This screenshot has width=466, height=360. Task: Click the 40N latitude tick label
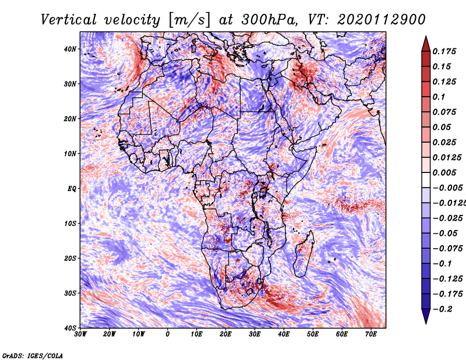(x=70, y=49)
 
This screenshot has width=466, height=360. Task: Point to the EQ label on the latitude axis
(x=72, y=189)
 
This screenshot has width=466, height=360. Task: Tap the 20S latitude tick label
(x=70, y=258)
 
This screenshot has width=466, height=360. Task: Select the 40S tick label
(x=70, y=328)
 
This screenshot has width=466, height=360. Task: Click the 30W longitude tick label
(x=80, y=334)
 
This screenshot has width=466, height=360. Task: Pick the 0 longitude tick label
(x=168, y=334)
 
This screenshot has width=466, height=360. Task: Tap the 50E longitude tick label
(x=313, y=334)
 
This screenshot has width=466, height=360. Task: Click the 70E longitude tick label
(x=371, y=334)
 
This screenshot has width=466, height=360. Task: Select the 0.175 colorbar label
(x=444, y=51)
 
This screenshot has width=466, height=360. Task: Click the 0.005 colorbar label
(x=444, y=172)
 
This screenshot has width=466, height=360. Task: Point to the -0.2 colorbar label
(x=443, y=309)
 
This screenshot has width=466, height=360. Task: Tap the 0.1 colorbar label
(x=439, y=97)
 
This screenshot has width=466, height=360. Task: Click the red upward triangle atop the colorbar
(x=426, y=44)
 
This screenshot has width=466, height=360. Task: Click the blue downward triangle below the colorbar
(x=426, y=316)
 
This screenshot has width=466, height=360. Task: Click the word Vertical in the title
(x=68, y=20)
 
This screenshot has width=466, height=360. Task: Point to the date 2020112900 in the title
(x=382, y=20)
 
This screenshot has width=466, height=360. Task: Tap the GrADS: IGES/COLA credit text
(x=33, y=356)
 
